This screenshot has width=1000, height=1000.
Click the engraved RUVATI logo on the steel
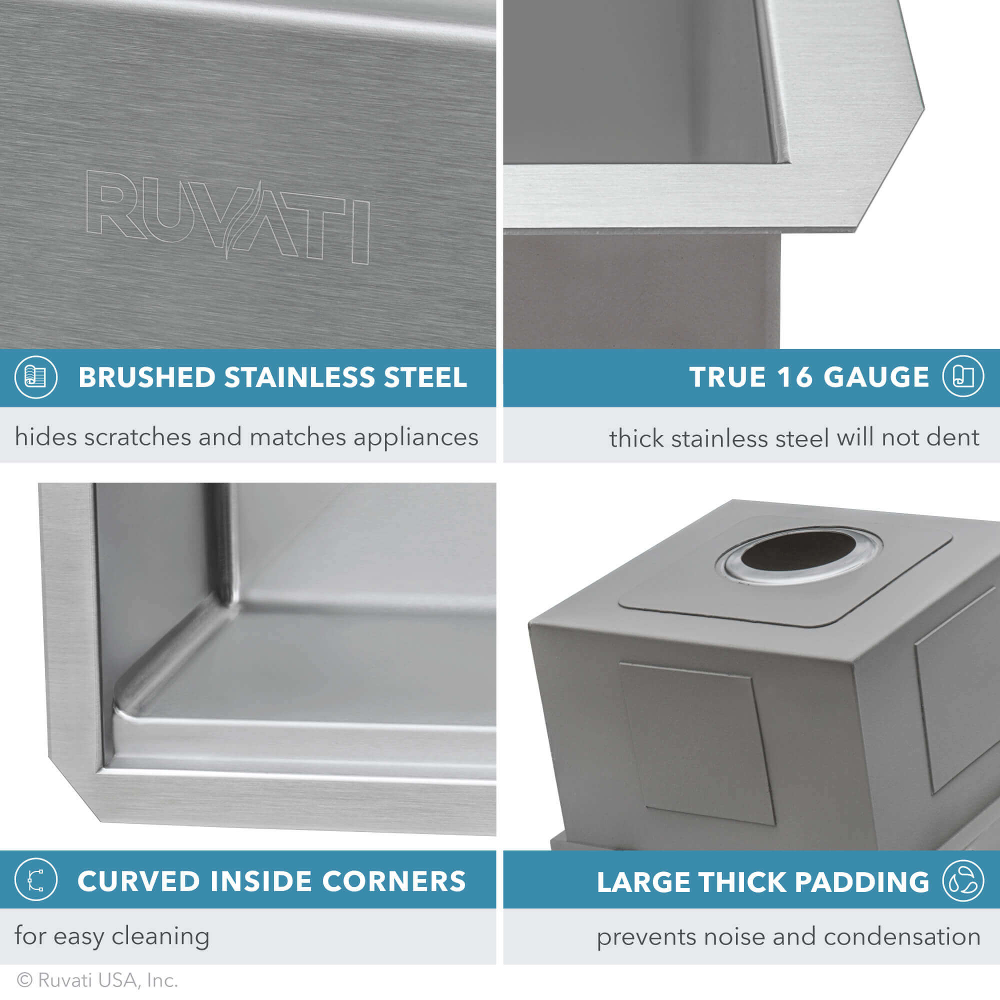pyautogui.click(x=227, y=215)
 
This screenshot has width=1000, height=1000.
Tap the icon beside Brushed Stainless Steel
pyautogui.click(x=35, y=377)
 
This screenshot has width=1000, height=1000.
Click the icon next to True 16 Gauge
pyautogui.click(x=962, y=377)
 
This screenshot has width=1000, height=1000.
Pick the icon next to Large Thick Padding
pyautogui.click(x=962, y=880)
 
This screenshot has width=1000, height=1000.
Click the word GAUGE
pyautogui.click(x=876, y=377)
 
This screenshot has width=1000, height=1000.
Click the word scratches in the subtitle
pyautogui.click(x=137, y=437)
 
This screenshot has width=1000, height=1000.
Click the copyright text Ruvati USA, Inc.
pyautogui.click(x=107, y=980)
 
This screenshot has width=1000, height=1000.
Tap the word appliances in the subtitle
pyautogui.click(x=415, y=438)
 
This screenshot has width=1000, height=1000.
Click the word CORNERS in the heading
pyautogui.click(x=394, y=881)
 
